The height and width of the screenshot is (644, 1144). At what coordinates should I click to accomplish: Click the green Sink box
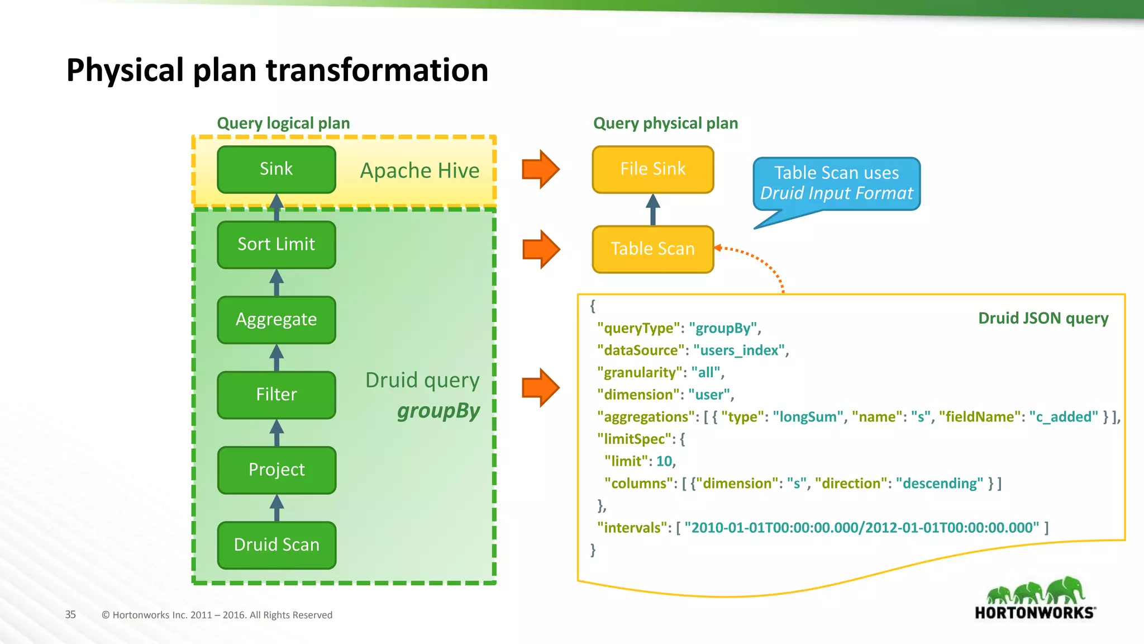[276, 169]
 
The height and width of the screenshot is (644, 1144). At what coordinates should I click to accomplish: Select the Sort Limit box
[276, 244]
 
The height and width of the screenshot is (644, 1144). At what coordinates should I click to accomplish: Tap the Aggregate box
[276, 320]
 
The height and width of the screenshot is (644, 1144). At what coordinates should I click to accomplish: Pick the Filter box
[276, 395]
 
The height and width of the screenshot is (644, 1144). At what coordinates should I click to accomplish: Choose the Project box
[276, 470]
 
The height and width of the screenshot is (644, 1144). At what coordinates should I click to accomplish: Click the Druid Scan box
[276, 545]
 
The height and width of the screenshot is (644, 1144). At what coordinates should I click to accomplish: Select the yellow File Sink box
[652, 169]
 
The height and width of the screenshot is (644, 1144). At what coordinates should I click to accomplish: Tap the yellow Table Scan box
[652, 249]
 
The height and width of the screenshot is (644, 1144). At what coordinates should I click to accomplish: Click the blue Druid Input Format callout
[836, 183]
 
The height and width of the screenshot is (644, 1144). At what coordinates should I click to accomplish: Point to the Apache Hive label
[420, 171]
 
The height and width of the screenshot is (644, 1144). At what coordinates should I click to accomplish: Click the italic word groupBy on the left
[438, 411]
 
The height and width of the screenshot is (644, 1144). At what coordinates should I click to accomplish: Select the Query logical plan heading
[283, 123]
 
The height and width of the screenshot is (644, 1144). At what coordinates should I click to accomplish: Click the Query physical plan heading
[665, 123]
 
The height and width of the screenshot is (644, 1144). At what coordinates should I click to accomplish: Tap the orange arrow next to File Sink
[540, 169]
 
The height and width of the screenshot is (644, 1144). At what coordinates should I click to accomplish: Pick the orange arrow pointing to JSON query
[540, 387]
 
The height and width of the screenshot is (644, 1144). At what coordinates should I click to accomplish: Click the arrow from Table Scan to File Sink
[652, 210]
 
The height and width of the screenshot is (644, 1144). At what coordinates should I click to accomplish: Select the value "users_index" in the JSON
[740, 351]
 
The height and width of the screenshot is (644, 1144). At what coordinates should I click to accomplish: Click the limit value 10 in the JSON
[664, 461]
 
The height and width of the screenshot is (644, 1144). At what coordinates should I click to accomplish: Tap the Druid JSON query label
[1043, 318]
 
